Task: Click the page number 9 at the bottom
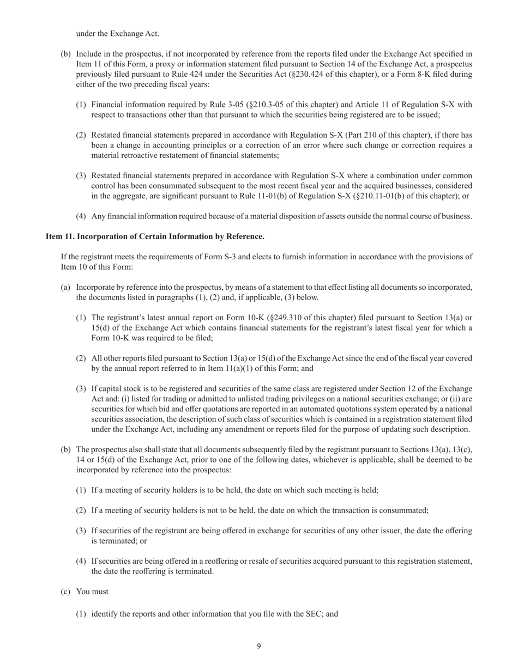click(259, 647)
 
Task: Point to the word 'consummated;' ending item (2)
click(406, 510)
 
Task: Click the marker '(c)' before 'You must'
click(65, 591)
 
